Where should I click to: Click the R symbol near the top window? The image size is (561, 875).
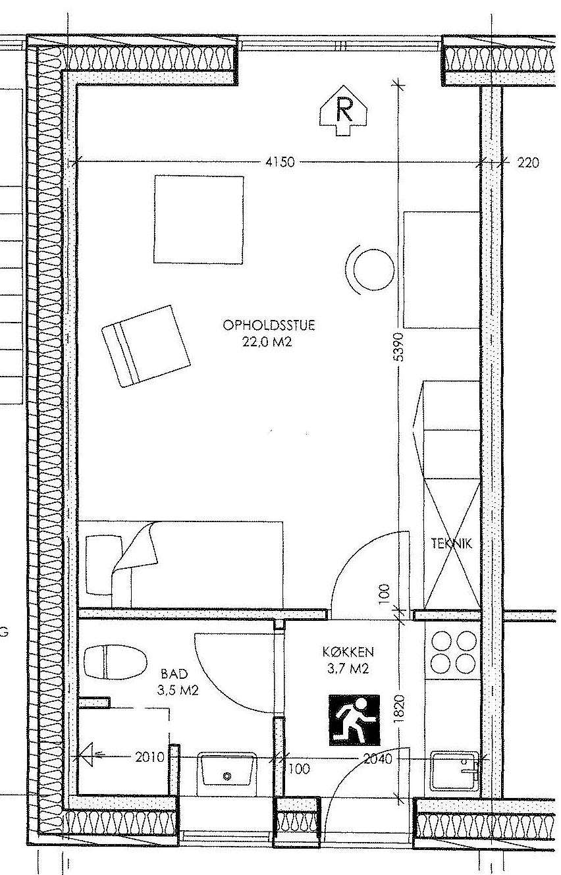coord(344,111)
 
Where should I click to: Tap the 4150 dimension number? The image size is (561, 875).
coord(280,162)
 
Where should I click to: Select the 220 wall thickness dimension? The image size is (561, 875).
coord(528,162)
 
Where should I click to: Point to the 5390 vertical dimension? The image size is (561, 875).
coord(398,346)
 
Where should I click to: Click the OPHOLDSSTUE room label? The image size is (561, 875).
coord(269,325)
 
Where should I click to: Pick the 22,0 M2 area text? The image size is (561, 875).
coord(267,342)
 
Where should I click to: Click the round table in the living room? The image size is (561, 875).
coord(374,270)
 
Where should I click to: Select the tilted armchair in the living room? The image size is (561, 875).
coord(146,346)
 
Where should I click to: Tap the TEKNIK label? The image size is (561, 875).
coord(452,543)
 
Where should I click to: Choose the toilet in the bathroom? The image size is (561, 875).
coord(115,662)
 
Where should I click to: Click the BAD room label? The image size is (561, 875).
coord(174,674)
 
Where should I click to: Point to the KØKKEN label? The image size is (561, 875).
coord(348,652)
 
